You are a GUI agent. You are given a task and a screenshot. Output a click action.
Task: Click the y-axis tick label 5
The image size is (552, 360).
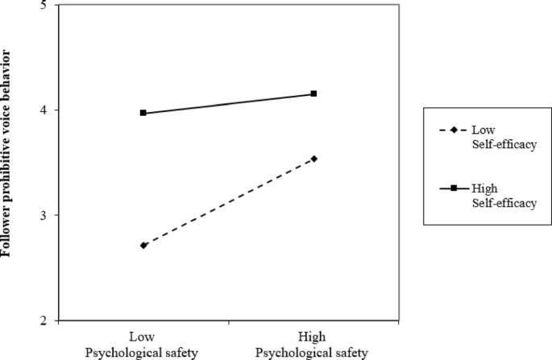click(x=42, y=6)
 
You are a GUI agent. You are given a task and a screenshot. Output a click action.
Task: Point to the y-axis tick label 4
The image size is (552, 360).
click(x=42, y=110)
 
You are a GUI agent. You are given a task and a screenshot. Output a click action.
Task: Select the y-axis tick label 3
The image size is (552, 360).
click(x=42, y=215)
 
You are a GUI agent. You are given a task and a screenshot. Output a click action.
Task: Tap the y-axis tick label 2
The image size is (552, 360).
click(x=42, y=321)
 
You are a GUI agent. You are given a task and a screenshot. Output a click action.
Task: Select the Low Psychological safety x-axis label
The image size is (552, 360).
click(x=143, y=345)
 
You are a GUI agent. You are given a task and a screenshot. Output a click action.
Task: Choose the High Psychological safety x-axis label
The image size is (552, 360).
click(x=313, y=345)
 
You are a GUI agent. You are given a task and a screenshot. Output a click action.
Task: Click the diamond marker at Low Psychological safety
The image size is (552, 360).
click(x=143, y=245)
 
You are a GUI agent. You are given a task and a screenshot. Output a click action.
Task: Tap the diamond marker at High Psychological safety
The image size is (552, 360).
click(x=313, y=159)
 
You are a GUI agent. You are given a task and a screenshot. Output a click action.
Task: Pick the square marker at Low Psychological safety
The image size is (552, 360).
click(x=143, y=113)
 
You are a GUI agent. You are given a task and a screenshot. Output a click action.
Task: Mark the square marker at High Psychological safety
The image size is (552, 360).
click(x=313, y=93)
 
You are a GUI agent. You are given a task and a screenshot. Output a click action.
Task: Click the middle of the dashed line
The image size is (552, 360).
click(x=228, y=202)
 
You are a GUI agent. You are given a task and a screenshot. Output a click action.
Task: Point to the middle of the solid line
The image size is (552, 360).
click(x=228, y=103)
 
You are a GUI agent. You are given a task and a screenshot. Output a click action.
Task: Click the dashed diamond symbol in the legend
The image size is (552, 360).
click(x=453, y=130)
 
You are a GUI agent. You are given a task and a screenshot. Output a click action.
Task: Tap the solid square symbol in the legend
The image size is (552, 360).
click(x=453, y=188)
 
